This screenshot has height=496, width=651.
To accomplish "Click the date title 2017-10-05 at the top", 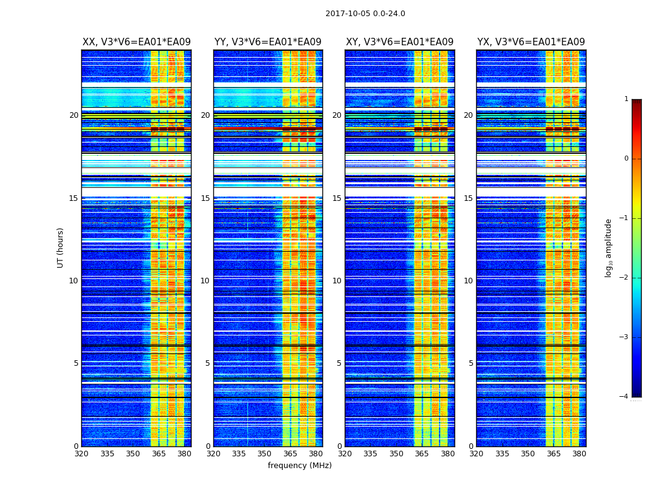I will tap(365, 14).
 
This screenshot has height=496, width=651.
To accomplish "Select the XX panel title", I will tap(136, 42).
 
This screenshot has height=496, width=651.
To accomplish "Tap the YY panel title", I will tap(268, 42).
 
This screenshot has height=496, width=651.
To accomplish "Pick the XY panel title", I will tap(399, 42).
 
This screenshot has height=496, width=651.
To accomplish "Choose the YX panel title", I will tap(531, 42).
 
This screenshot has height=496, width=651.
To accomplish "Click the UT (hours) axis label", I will tap(61, 247).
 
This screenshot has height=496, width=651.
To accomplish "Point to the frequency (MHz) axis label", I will tap(299, 466).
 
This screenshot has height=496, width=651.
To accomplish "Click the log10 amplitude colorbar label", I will tap(609, 247).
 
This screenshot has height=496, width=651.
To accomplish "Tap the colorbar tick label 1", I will tap(626, 99).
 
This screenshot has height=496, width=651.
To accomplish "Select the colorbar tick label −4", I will tap(624, 397).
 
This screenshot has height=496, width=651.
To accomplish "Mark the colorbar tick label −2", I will tap(624, 278).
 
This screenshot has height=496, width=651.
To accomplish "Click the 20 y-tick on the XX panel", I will tap(74, 115).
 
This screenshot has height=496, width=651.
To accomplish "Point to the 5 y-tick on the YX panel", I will tap(471, 363).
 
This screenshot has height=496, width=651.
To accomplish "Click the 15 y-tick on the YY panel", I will tap(205, 198).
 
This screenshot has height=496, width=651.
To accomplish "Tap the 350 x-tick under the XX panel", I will tap(133, 454).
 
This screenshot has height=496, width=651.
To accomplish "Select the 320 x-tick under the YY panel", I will tap(213, 454).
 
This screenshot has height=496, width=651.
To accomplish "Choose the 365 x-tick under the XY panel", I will tap(422, 454).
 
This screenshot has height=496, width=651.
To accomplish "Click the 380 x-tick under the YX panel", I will tap(579, 454).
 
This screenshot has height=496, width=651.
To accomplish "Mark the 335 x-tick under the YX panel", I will tap(502, 454).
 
